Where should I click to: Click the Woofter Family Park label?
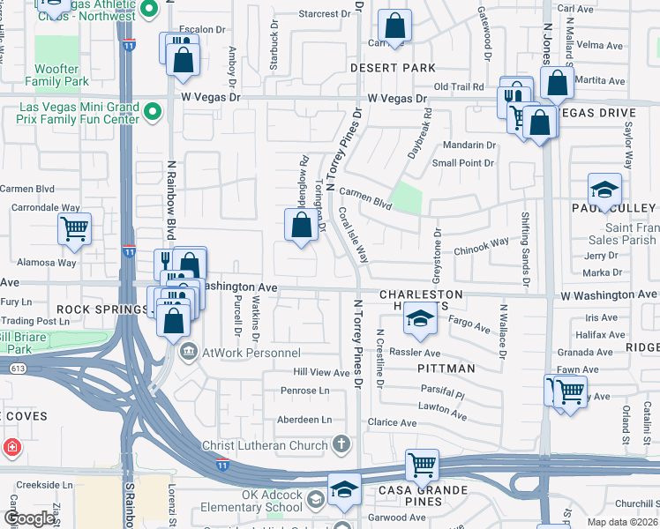pyautogui.click(x=62, y=75)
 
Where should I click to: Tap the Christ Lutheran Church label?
pyautogui.click(x=265, y=445)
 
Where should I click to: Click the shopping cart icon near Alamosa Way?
pyautogui.click(x=75, y=229)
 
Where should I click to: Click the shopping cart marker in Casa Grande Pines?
pyautogui.click(x=423, y=464)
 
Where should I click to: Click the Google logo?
pyautogui.click(x=29, y=518)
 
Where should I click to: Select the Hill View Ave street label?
pyautogui.click(x=322, y=373)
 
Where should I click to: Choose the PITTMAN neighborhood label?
pyautogui.click(x=446, y=368)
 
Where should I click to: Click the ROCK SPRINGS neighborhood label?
pyautogui.click(x=101, y=309)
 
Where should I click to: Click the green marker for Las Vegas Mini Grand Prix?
pyautogui.click(x=153, y=112)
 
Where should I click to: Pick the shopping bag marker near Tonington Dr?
pyautogui.click(x=302, y=225)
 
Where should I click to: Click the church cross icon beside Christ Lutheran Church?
pyautogui.click(x=341, y=444)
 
